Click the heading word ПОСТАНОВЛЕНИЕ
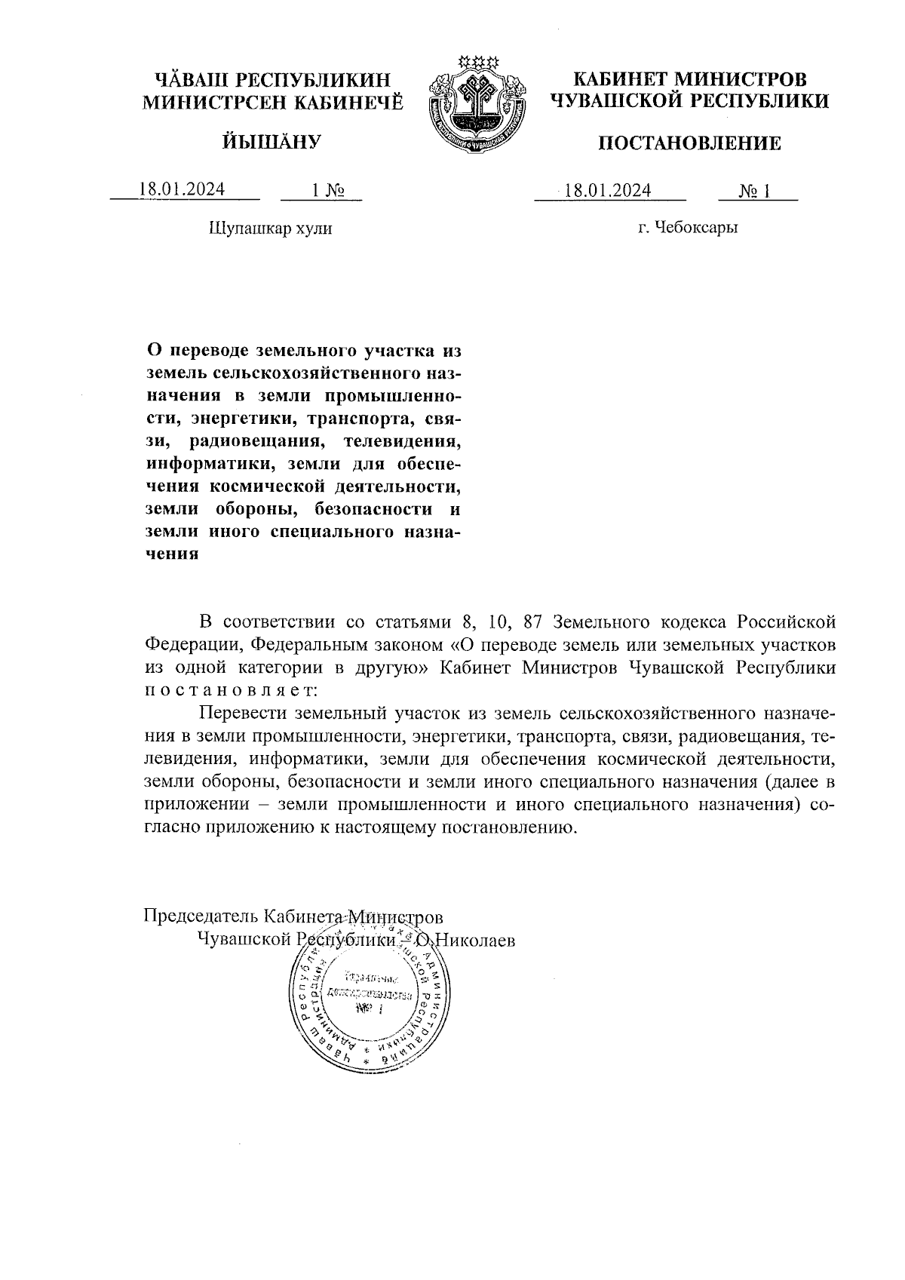pos(689,143)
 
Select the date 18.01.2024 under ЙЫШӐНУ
pos(182,189)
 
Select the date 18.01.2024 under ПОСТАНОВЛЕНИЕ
pos(608,189)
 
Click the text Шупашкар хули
pos(269,228)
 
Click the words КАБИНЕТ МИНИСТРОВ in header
pos(689,79)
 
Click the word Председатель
pos(200,916)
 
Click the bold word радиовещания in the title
pos(256,440)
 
